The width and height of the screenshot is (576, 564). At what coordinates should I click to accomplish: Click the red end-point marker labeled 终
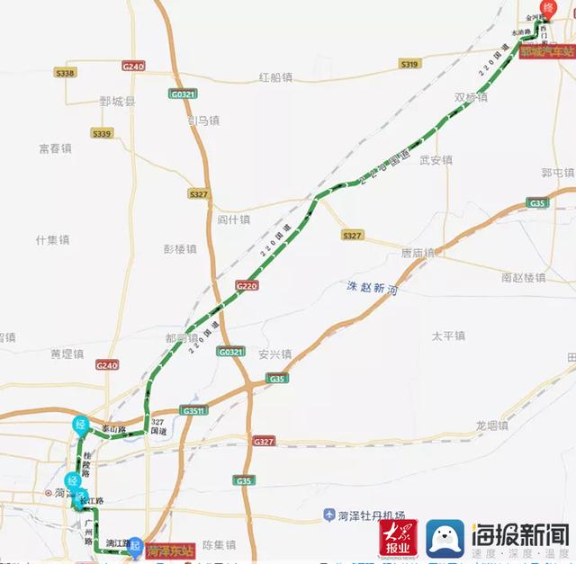544,10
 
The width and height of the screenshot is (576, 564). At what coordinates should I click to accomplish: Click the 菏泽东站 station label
166,547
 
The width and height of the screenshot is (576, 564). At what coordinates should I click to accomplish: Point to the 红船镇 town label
275,77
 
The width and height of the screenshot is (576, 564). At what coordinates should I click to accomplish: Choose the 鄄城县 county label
117,102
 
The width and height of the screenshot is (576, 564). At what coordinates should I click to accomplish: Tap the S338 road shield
65,72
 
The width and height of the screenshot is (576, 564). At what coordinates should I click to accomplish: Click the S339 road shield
102,133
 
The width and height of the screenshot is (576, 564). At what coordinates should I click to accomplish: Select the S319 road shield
409,64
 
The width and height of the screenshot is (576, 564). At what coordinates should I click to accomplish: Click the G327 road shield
263,442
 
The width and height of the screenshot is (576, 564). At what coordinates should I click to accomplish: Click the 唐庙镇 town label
418,253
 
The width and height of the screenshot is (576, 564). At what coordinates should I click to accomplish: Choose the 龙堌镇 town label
492,425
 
